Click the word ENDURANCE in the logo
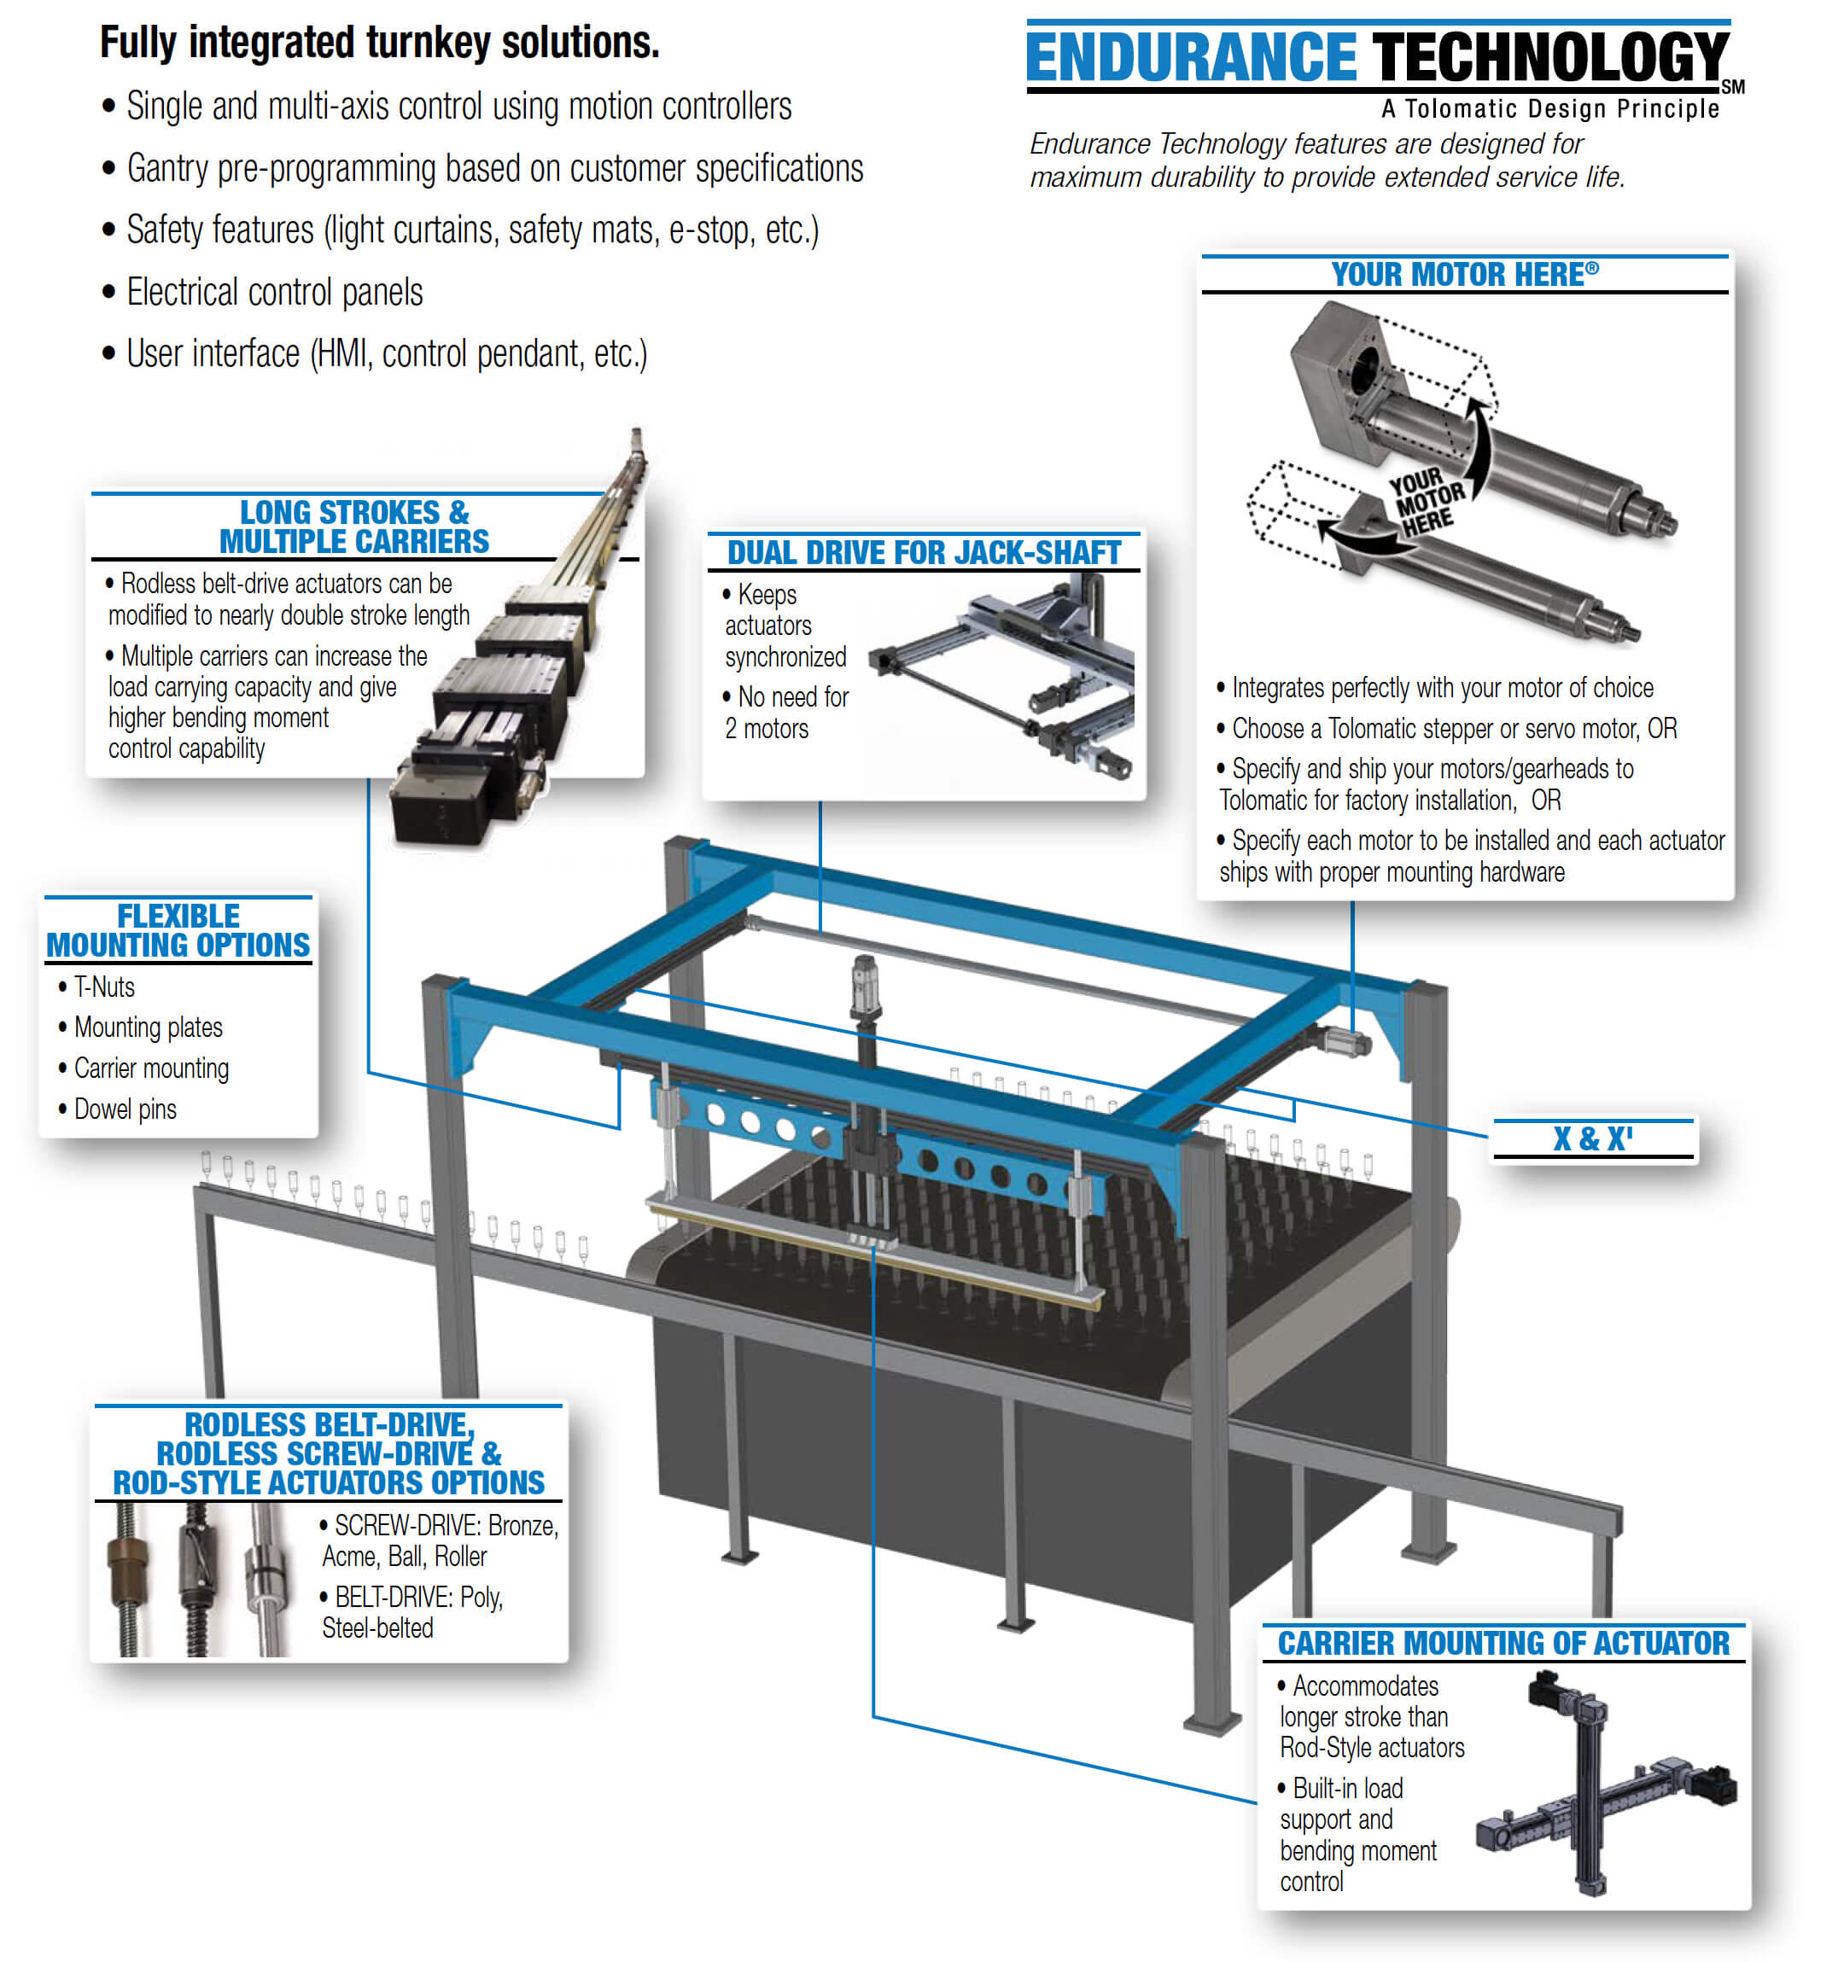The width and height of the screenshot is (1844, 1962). pyautogui.click(x=1191, y=57)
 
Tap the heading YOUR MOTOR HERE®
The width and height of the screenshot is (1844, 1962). pyautogui.click(x=1463, y=274)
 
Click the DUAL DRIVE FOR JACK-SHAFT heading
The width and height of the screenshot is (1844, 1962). pyautogui.click(x=923, y=553)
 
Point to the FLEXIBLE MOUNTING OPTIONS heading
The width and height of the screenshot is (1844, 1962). pyautogui.click(x=178, y=929)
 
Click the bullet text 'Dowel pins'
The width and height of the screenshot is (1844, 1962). pyautogui.click(x=125, y=1109)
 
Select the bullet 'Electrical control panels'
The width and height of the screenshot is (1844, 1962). pyautogui.click(x=273, y=292)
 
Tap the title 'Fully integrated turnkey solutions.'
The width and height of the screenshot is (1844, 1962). pyautogui.click(x=379, y=43)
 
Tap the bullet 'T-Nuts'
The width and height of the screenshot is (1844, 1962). pyautogui.click(x=103, y=987)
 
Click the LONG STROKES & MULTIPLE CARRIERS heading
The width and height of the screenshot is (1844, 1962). pyautogui.click(x=353, y=527)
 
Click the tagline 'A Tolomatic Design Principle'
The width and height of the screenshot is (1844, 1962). pyautogui.click(x=1549, y=108)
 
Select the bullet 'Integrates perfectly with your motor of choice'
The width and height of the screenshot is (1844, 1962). pyautogui.click(x=1441, y=688)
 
